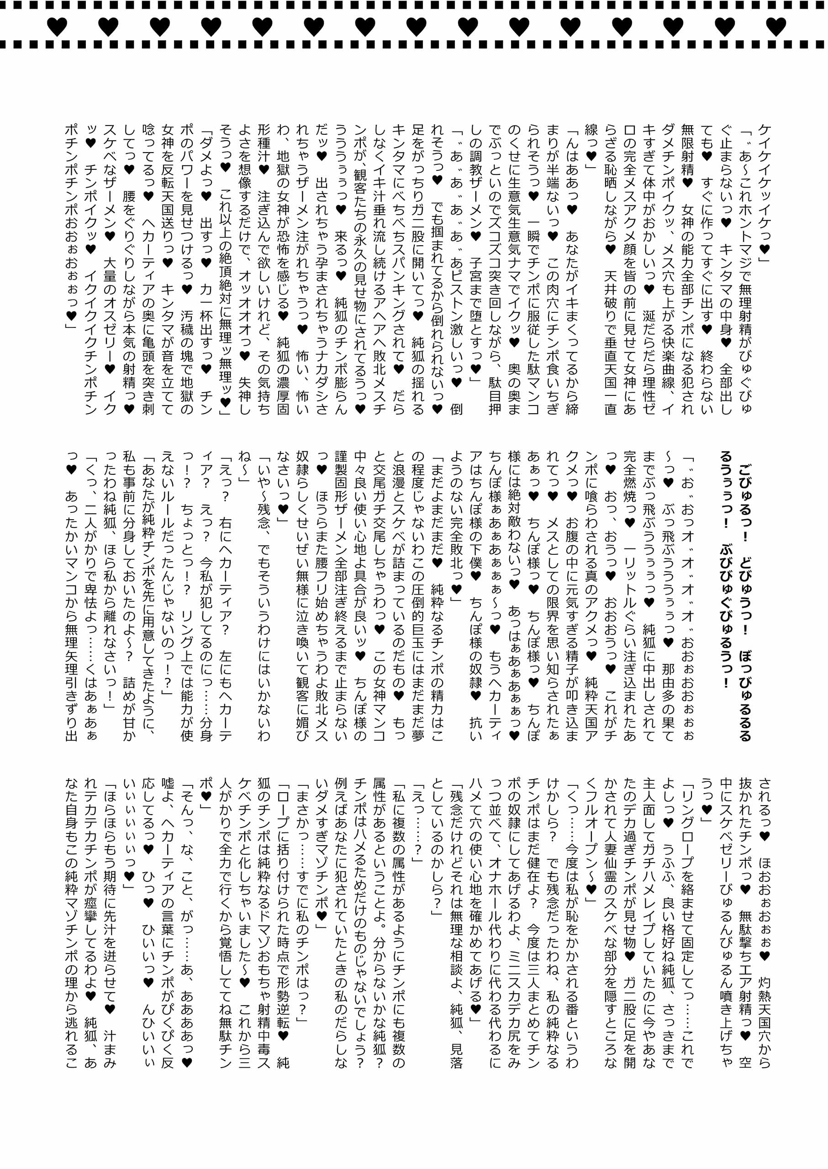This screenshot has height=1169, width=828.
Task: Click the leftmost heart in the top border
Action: tap(57, 26)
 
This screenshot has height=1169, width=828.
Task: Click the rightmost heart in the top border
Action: tap(776, 26)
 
